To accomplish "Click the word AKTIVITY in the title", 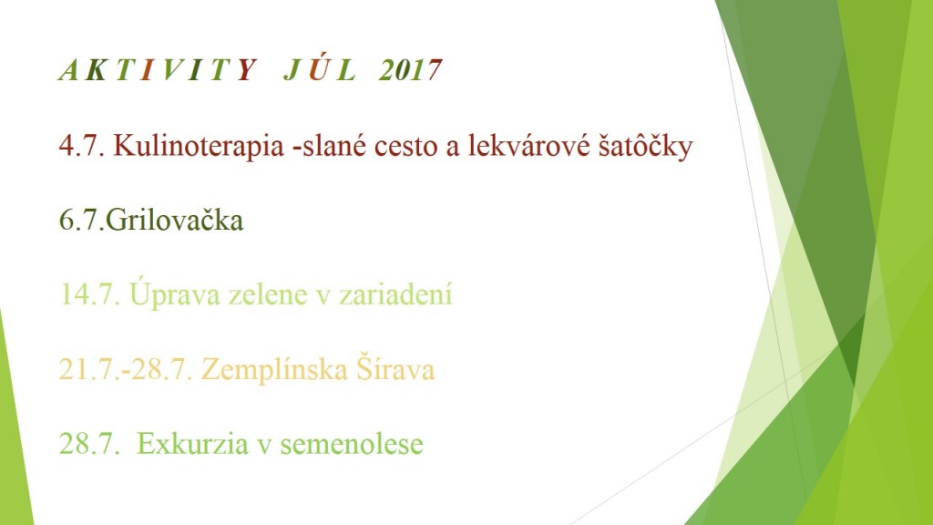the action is click(158, 70).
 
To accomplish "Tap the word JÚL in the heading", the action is click(320, 69).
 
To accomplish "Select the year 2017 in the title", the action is click(411, 70).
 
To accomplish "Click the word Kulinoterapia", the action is click(199, 146).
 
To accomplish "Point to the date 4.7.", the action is click(81, 146).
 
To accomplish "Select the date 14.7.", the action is click(89, 294).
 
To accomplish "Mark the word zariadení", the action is click(395, 293).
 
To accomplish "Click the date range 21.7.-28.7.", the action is click(126, 369).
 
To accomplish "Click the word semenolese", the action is click(352, 444).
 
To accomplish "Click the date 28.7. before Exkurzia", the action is click(89, 444).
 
